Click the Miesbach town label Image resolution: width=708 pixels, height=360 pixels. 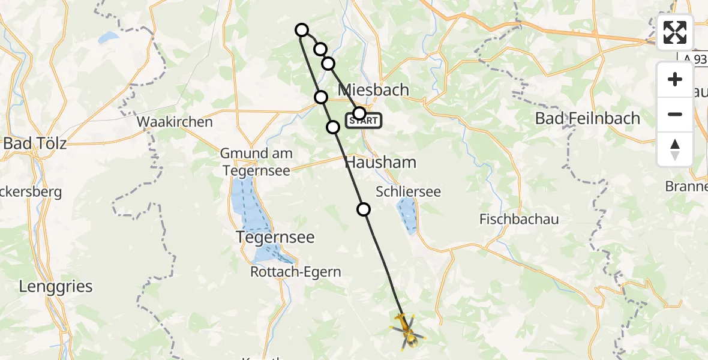pos(374,90)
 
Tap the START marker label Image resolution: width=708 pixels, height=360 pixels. pos(364,121)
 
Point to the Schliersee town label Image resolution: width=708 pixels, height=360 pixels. pos(408,192)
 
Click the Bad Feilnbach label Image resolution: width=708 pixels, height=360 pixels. pos(587,118)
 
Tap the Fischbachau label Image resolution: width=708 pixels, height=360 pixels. pos(519,220)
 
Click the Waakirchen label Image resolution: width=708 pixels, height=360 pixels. pos(175,122)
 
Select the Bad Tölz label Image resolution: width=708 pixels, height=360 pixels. pos(35,143)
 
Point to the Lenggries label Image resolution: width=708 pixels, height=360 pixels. pos(56,286)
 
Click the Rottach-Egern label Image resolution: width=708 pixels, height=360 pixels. pos(296,272)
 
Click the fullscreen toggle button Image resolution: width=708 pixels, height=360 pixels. pos(675,32)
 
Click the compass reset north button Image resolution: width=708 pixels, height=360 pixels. pos(675,149)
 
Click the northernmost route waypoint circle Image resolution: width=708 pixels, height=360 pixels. pos(302,30)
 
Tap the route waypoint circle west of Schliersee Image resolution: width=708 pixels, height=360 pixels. pos(364,209)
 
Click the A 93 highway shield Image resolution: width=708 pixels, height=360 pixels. pos(695,58)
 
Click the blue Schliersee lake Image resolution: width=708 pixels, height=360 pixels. pos(407,215)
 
